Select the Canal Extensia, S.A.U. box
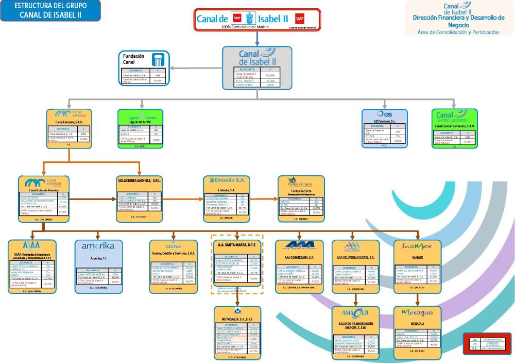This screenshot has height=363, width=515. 69,128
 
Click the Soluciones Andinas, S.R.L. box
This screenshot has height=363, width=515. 141,196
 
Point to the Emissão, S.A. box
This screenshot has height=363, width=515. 227,196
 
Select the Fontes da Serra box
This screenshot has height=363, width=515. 301,198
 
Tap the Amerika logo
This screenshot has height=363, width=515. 98,246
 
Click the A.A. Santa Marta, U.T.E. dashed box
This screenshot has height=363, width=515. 237,263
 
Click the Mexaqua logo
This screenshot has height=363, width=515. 418,313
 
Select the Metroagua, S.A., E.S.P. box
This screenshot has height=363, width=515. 237,332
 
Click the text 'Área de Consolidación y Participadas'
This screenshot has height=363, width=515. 459,32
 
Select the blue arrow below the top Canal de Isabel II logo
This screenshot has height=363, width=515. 257,39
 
